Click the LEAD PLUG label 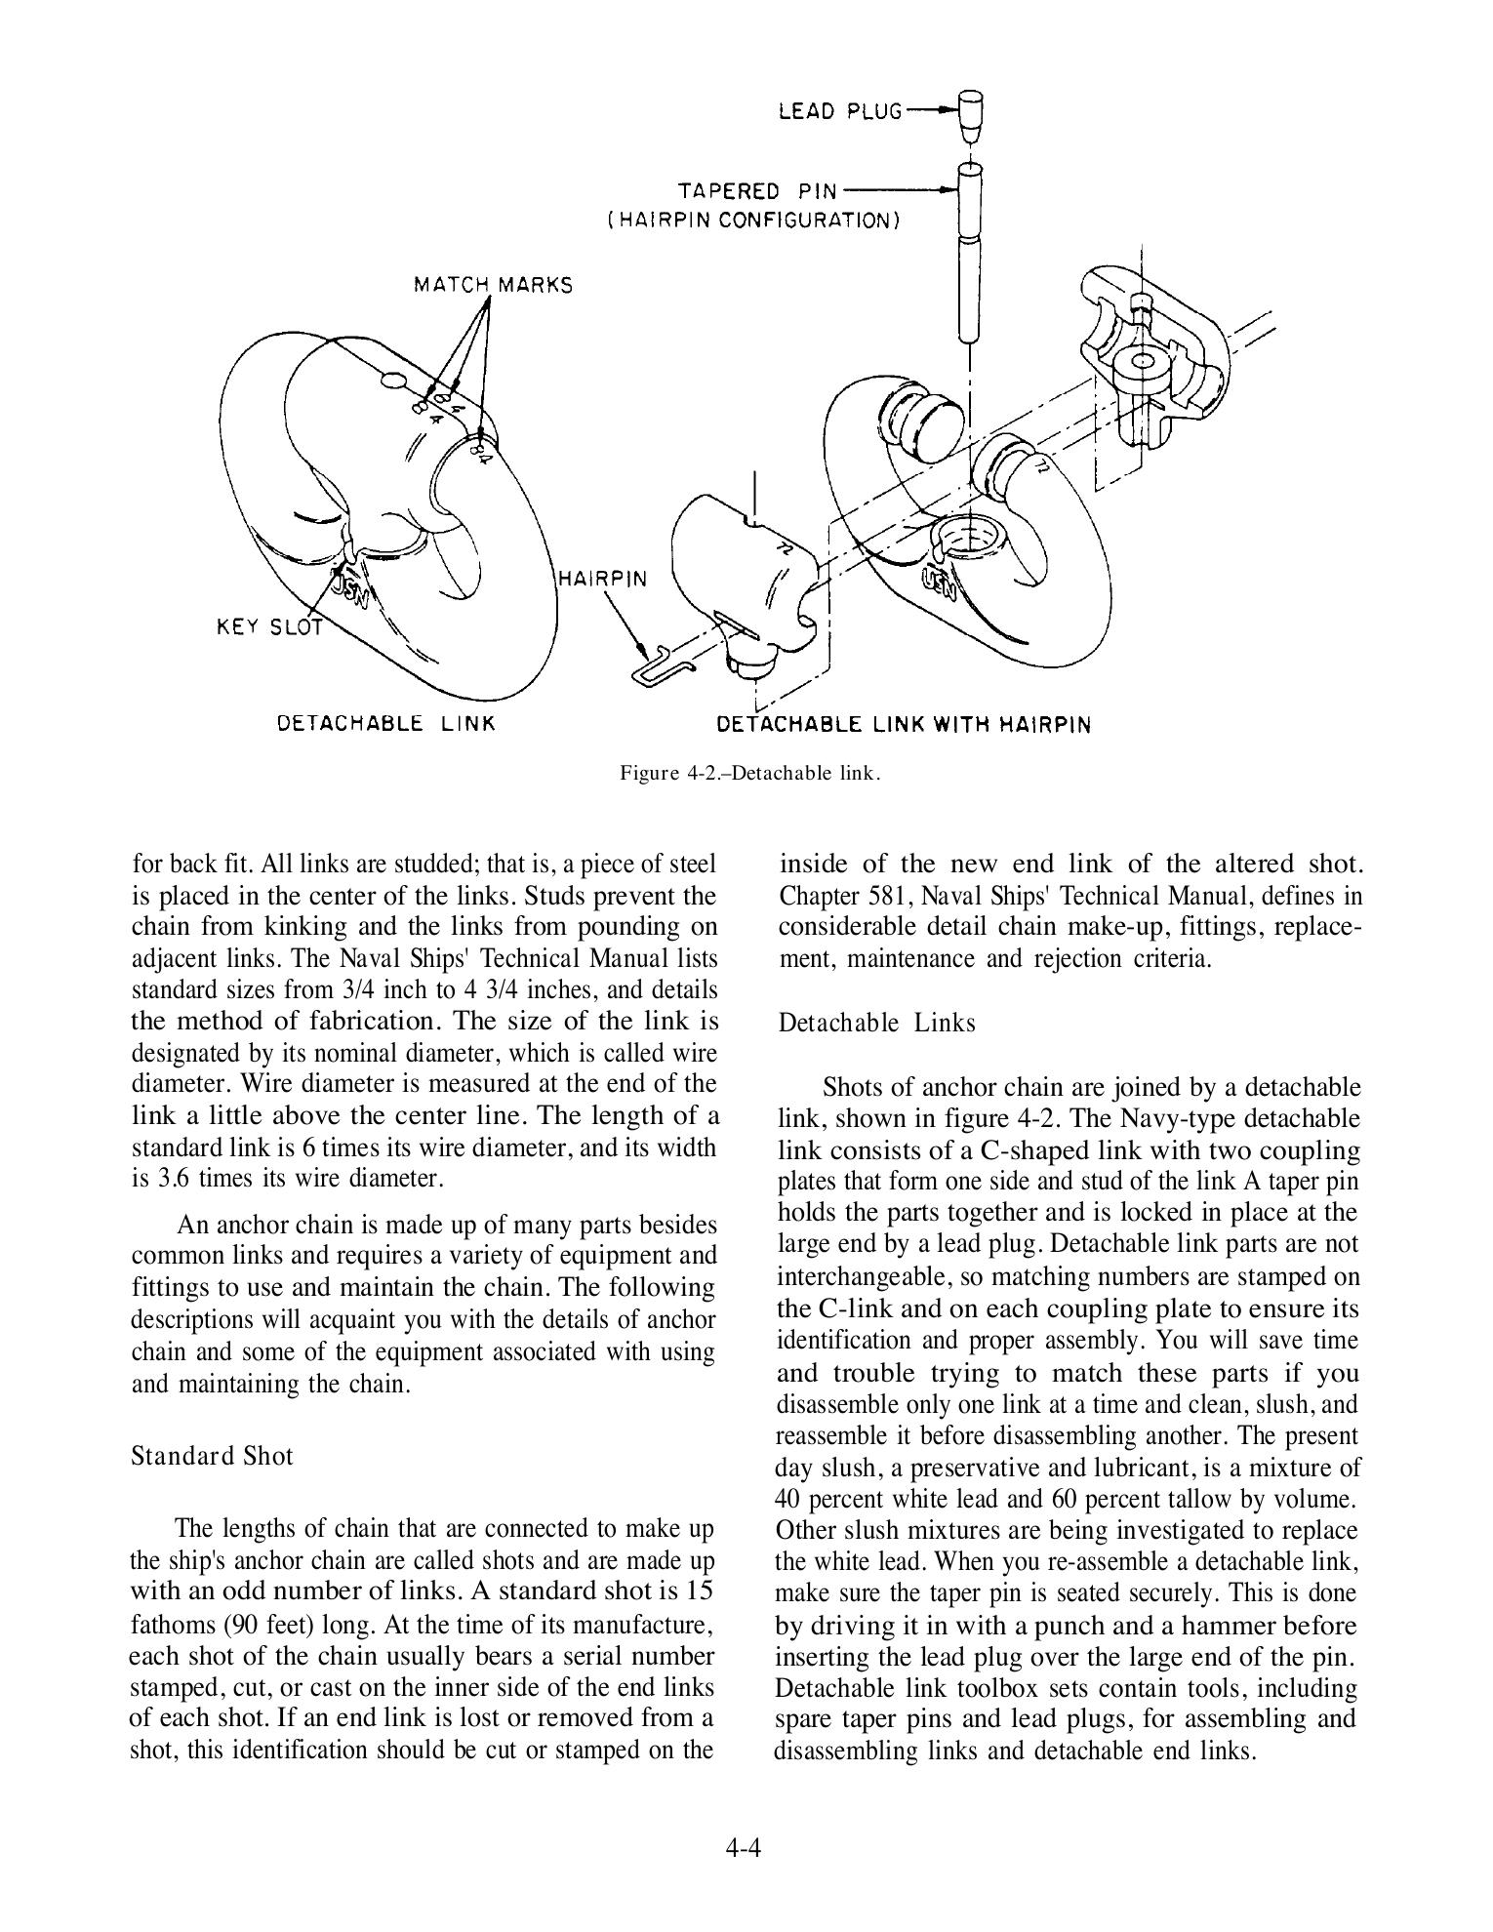click(x=840, y=111)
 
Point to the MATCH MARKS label click(x=493, y=285)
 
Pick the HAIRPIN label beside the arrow click(x=602, y=578)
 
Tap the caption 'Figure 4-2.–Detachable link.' click(x=750, y=774)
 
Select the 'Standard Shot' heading click(x=212, y=1457)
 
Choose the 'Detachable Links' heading click(x=876, y=1024)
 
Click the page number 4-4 click(x=743, y=1846)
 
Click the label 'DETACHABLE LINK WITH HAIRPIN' click(x=904, y=724)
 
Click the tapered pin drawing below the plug click(x=970, y=254)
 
